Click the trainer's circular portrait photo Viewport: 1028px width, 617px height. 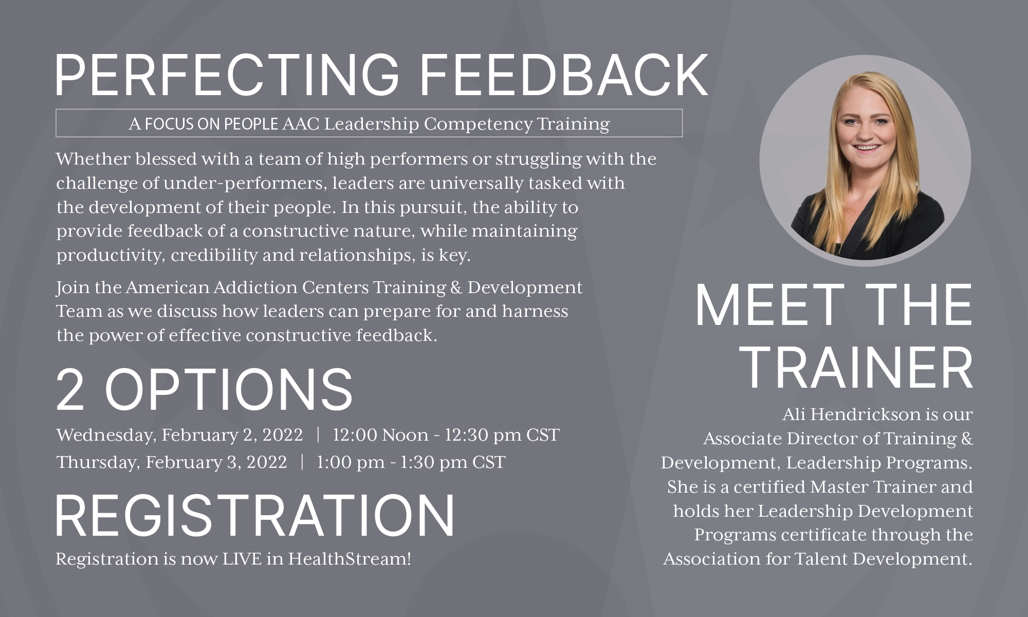click(x=865, y=160)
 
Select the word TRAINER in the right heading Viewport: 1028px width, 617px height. click(x=858, y=368)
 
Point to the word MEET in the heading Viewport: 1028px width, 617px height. click(x=770, y=305)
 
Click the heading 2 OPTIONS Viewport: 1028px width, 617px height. click(x=204, y=389)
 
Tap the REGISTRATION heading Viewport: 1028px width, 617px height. click(x=255, y=515)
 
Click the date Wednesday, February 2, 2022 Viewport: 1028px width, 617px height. click(x=180, y=435)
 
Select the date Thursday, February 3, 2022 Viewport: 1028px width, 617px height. click(x=172, y=462)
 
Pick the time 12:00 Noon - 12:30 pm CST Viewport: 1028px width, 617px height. click(x=446, y=435)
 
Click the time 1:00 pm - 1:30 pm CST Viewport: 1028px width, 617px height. click(x=411, y=462)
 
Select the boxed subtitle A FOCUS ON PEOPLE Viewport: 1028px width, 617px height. click(x=204, y=124)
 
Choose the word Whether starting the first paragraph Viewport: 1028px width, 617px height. click(x=94, y=159)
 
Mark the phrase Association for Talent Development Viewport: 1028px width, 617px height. click(x=817, y=559)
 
